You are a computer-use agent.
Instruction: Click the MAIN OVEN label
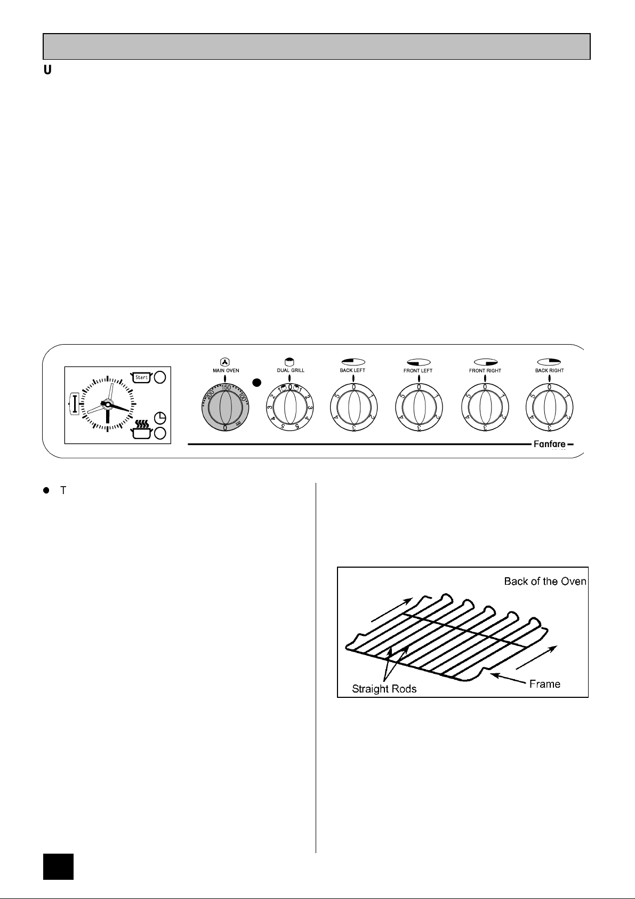(225, 370)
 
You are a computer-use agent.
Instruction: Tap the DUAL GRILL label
(291, 370)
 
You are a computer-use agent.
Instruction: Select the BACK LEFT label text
(352, 370)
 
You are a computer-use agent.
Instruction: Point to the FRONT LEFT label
(418, 370)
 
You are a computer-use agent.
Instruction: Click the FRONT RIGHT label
(485, 370)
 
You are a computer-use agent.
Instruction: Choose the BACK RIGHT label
(550, 370)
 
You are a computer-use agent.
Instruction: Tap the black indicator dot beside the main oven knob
(257, 383)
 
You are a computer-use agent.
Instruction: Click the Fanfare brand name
(550, 444)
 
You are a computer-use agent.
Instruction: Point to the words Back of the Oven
(545, 581)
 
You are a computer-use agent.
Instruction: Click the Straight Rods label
(384, 689)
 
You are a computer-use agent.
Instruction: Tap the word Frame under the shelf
(544, 684)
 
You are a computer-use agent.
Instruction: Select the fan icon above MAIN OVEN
(225, 361)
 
